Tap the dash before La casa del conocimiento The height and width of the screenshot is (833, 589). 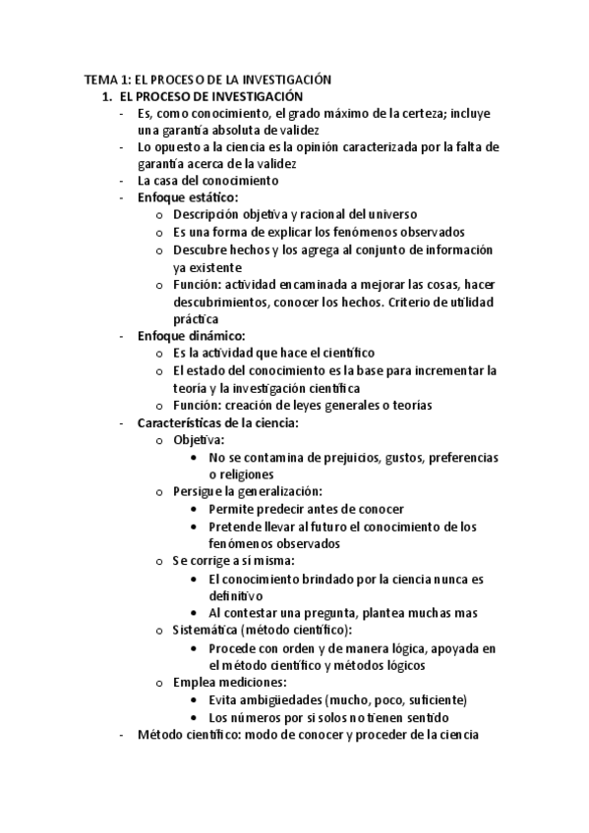pyautogui.click(x=120, y=181)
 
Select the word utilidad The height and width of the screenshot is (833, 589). pyautogui.click(x=470, y=302)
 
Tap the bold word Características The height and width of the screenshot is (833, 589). pyautogui.click(x=187, y=422)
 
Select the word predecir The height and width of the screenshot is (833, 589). pyautogui.click(x=285, y=509)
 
